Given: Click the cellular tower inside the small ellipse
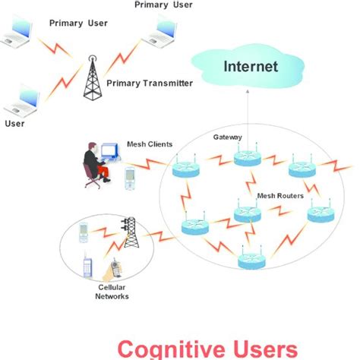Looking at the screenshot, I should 130,234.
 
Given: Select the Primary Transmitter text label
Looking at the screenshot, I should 150,83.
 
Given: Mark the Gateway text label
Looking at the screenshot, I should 227,137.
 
